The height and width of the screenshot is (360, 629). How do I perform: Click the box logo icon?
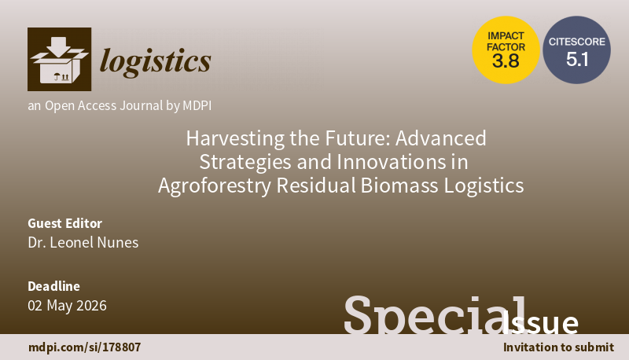(60, 59)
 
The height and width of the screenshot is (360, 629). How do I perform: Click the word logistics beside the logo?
(156, 60)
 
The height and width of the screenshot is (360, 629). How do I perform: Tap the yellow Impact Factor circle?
(506, 50)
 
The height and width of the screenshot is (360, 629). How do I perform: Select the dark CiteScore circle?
(577, 50)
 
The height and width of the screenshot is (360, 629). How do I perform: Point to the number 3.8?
(506, 61)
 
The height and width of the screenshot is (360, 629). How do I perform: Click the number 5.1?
(577, 59)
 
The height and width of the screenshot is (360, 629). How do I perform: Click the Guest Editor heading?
(64, 222)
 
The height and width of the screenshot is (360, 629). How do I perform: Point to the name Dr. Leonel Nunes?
(83, 242)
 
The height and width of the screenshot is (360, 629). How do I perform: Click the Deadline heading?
(53, 286)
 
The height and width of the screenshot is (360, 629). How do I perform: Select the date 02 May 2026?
(67, 305)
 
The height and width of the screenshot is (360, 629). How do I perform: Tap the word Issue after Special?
(545, 323)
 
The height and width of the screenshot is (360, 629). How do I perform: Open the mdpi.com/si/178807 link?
(84, 347)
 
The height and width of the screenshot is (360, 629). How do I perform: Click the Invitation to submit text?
(557, 347)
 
